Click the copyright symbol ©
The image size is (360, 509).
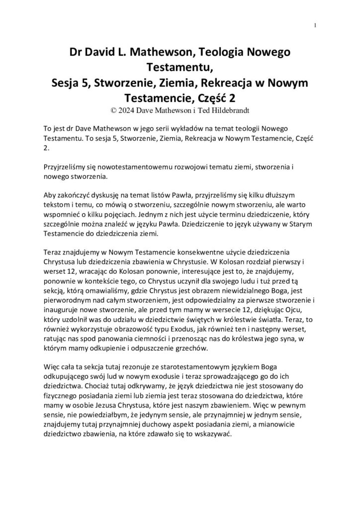pyautogui.click(x=116, y=106)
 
